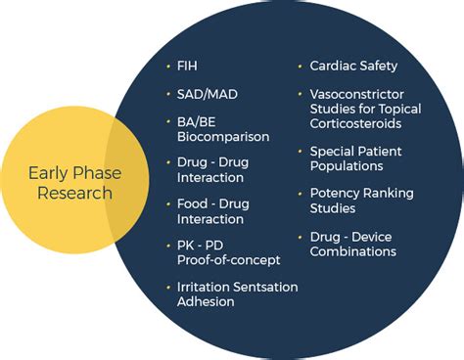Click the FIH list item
tap(187, 66)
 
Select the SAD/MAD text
tap(208, 95)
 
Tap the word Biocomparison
tap(223, 137)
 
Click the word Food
tap(192, 203)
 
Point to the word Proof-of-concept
tap(229, 260)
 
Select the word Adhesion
tap(206, 301)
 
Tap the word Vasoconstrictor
tap(357, 95)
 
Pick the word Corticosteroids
tap(355, 123)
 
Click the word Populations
tap(347, 166)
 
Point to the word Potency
tap(334, 194)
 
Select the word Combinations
tap(353, 251)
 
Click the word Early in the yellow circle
tap(47, 173)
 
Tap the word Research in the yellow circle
tap(75, 193)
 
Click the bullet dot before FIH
tap(168, 67)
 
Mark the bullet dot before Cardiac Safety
tap(301, 67)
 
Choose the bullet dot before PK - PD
tap(168, 246)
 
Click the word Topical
tap(400, 110)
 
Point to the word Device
tap(372, 237)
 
